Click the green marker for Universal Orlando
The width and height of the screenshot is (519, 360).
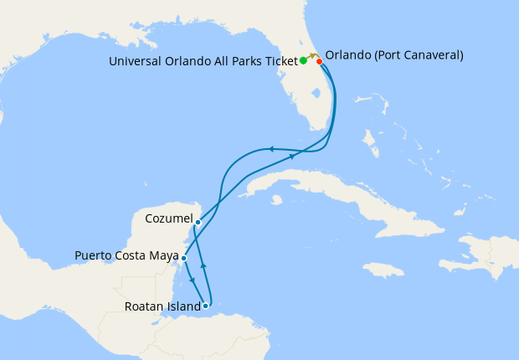tap(303, 61)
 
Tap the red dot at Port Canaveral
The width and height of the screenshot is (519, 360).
tap(319, 61)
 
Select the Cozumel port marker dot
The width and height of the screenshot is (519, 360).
tap(198, 222)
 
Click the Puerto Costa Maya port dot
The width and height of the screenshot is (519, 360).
tap(183, 258)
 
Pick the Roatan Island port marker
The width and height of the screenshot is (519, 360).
tap(206, 306)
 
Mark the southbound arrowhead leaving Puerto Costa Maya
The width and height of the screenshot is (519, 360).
tap(193, 280)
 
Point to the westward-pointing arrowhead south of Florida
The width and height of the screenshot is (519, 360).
tap(270, 149)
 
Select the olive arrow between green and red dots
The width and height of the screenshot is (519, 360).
tap(312, 56)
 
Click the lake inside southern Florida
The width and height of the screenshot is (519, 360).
tap(318, 99)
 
